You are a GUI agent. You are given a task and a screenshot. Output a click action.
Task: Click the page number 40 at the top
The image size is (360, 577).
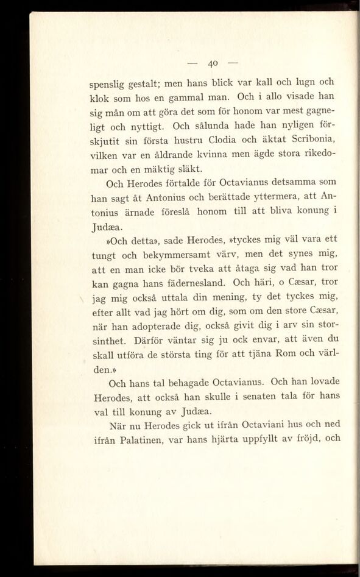click(213, 63)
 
